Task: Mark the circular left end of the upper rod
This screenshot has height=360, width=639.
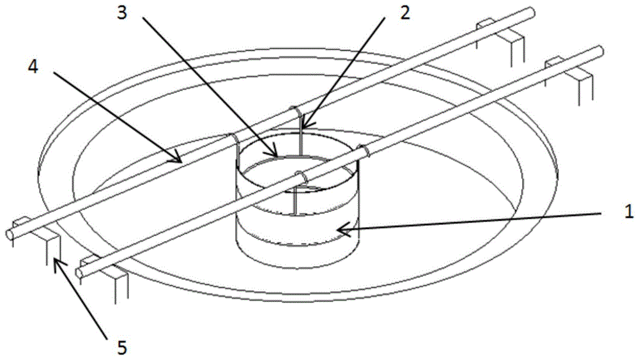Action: (10, 234)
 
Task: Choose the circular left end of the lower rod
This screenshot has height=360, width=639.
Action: (79, 273)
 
